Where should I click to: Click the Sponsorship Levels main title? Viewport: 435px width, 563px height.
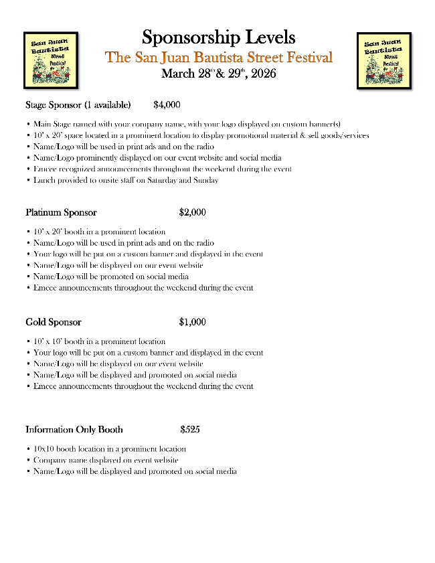pyautogui.click(x=218, y=37)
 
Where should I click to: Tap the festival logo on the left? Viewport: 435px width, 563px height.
pyautogui.click(x=51, y=60)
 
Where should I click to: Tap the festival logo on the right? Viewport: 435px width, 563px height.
pyautogui.click(x=383, y=60)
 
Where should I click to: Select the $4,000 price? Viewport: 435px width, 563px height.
pyautogui.click(x=167, y=105)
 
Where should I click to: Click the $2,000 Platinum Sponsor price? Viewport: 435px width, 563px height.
pyautogui.click(x=193, y=213)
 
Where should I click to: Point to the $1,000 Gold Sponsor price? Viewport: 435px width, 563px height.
pyautogui.click(x=193, y=322)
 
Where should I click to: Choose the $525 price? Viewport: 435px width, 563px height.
pyautogui.click(x=190, y=430)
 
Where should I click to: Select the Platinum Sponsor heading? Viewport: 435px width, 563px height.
pyautogui.click(x=61, y=213)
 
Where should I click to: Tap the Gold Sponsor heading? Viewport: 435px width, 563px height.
pyautogui.click(x=54, y=322)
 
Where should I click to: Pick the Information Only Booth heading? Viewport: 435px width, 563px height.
pyautogui.click(x=74, y=430)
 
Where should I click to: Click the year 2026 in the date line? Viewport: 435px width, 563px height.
pyautogui.click(x=262, y=74)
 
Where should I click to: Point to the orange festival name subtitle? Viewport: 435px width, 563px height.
pyautogui.click(x=218, y=58)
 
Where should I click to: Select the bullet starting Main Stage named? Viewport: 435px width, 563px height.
pyautogui.click(x=187, y=124)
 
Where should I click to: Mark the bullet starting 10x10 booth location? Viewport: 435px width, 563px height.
pyautogui.click(x=110, y=449)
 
